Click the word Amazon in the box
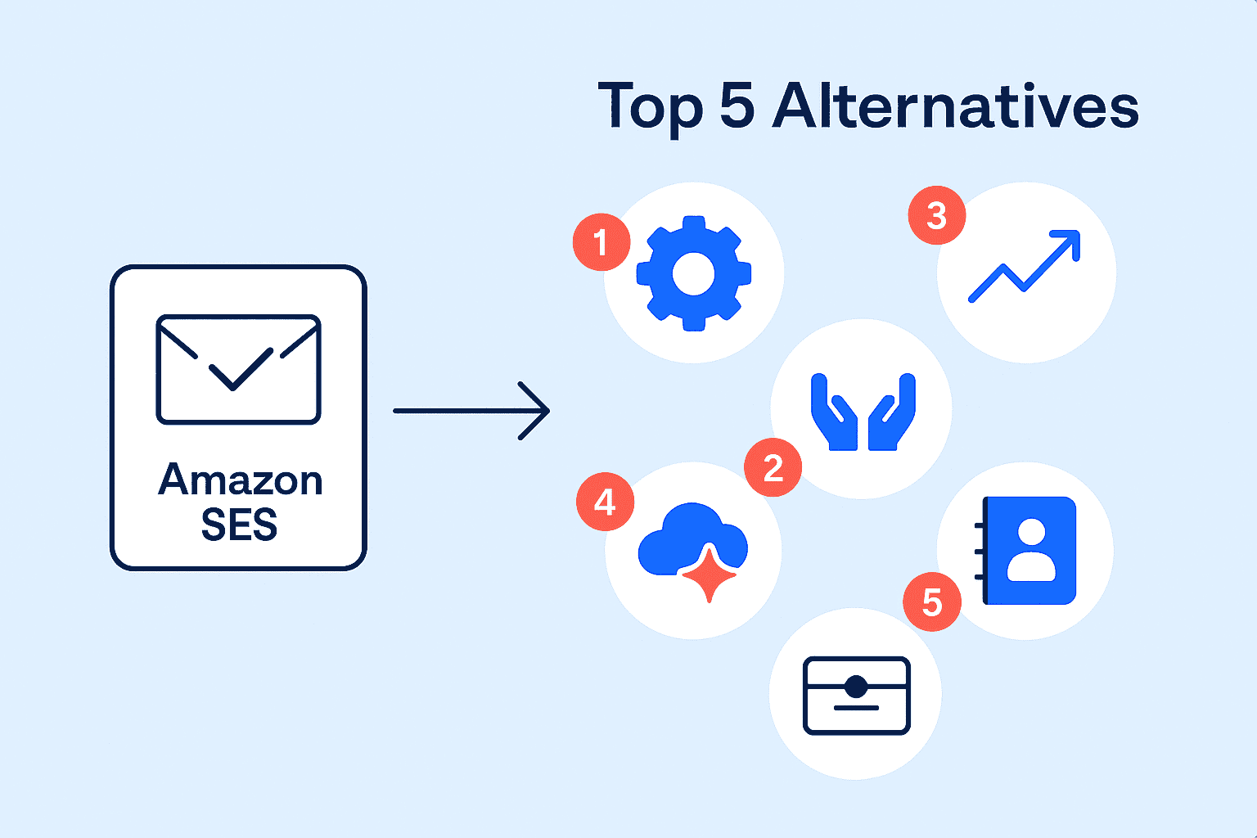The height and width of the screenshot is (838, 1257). tap(240, 480)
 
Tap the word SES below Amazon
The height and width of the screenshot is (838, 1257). tap(239, 525)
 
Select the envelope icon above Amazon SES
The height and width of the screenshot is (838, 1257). tap(238, 368)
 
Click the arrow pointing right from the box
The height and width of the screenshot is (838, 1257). tap(471, 411)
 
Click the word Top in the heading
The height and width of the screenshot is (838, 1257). tap(650, 108)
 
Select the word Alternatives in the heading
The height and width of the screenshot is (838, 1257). tap(955, 106)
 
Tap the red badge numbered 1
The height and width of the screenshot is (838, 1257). tap(601, 242)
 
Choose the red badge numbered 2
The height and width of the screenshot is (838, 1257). tap(773, 468)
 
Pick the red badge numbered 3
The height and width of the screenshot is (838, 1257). tap(937, 216)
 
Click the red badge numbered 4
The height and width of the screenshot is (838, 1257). tap(605, 502)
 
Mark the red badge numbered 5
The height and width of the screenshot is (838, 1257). tap(931, 602)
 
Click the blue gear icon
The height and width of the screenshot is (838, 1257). tap(694, 274)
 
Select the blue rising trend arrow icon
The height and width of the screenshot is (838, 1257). tap(1025, 267)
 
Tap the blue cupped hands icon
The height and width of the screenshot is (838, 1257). tap(863, 412)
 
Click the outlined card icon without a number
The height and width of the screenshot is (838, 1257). tap(856, 695)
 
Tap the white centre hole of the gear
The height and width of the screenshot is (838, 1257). tap(694, 274)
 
